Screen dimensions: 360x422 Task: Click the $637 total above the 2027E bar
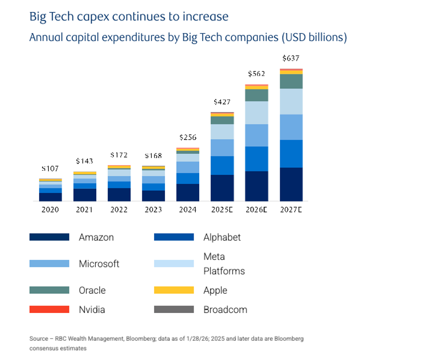click(291, 59)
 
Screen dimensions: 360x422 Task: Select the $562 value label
click(257, 74)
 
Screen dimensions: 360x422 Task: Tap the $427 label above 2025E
click(222, 102)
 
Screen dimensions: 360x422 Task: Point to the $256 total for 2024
click(188, 138)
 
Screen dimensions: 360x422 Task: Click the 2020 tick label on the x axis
click(50, 210)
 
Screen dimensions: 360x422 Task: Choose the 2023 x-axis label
click(154, 210)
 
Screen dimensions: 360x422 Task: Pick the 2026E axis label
click(257, 210)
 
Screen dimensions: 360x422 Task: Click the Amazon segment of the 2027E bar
click(291, 184)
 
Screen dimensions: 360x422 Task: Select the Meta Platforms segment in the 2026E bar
click(257, 113)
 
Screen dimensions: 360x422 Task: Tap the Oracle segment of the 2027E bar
click(291, 81)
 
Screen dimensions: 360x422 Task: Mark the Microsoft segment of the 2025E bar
click(222, 148)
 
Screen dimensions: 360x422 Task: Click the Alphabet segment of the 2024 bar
click(188, 179)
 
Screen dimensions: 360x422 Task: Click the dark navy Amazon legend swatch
click(49, 237)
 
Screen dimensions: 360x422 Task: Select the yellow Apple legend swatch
click(174, 290)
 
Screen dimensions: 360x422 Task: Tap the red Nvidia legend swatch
click(49, 310)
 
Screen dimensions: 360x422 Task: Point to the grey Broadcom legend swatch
click(174, 310)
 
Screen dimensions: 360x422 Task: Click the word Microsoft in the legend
click(99, 264)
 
